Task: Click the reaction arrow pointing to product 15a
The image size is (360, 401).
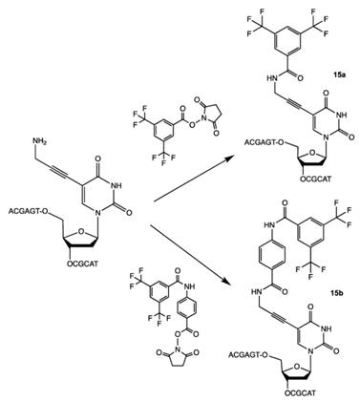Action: [x=180, y=173]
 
